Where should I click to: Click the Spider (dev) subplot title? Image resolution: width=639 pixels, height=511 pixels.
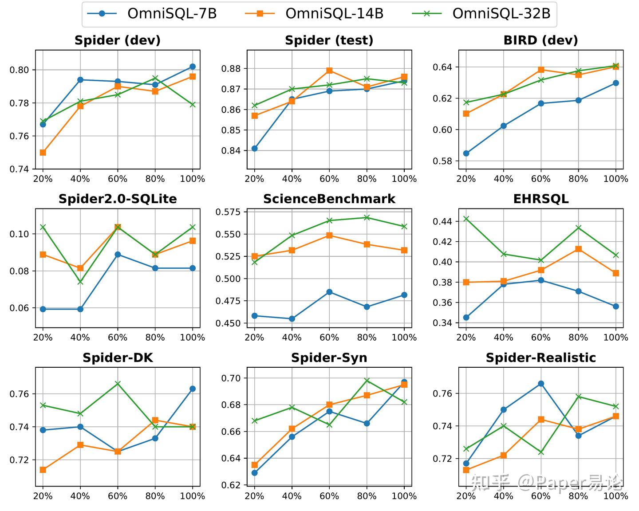tap(118, 40)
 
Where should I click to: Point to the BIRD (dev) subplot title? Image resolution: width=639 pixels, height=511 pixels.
tap(540, 40)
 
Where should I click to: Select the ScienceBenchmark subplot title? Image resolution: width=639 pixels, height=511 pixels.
tap(329, 199)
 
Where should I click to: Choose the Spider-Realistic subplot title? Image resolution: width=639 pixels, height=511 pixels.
tap(540, 358)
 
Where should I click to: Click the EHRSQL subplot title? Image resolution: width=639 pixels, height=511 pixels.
tap(540, 199)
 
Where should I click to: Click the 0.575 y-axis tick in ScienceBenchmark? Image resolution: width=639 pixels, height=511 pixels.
tap(228, 212)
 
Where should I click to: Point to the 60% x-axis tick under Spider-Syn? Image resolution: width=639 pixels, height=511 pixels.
tap(329, 496)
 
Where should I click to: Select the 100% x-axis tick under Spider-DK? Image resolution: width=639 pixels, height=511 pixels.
tap(193, 496)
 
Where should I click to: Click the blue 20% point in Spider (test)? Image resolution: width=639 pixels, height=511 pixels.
tap(254, 149)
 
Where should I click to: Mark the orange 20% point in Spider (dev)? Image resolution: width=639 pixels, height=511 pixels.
tap(43, 153)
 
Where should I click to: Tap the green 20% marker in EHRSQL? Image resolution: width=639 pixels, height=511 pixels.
tap(466, 219)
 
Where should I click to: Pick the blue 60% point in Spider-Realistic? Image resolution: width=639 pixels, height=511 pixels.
tap(541, 383)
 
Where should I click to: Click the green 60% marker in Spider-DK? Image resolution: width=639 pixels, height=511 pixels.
tap(118, 383)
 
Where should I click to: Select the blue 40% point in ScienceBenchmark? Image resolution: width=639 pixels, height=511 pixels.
tap(292, 318)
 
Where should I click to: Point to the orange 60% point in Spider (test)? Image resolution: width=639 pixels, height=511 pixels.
tap(329, 71)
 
